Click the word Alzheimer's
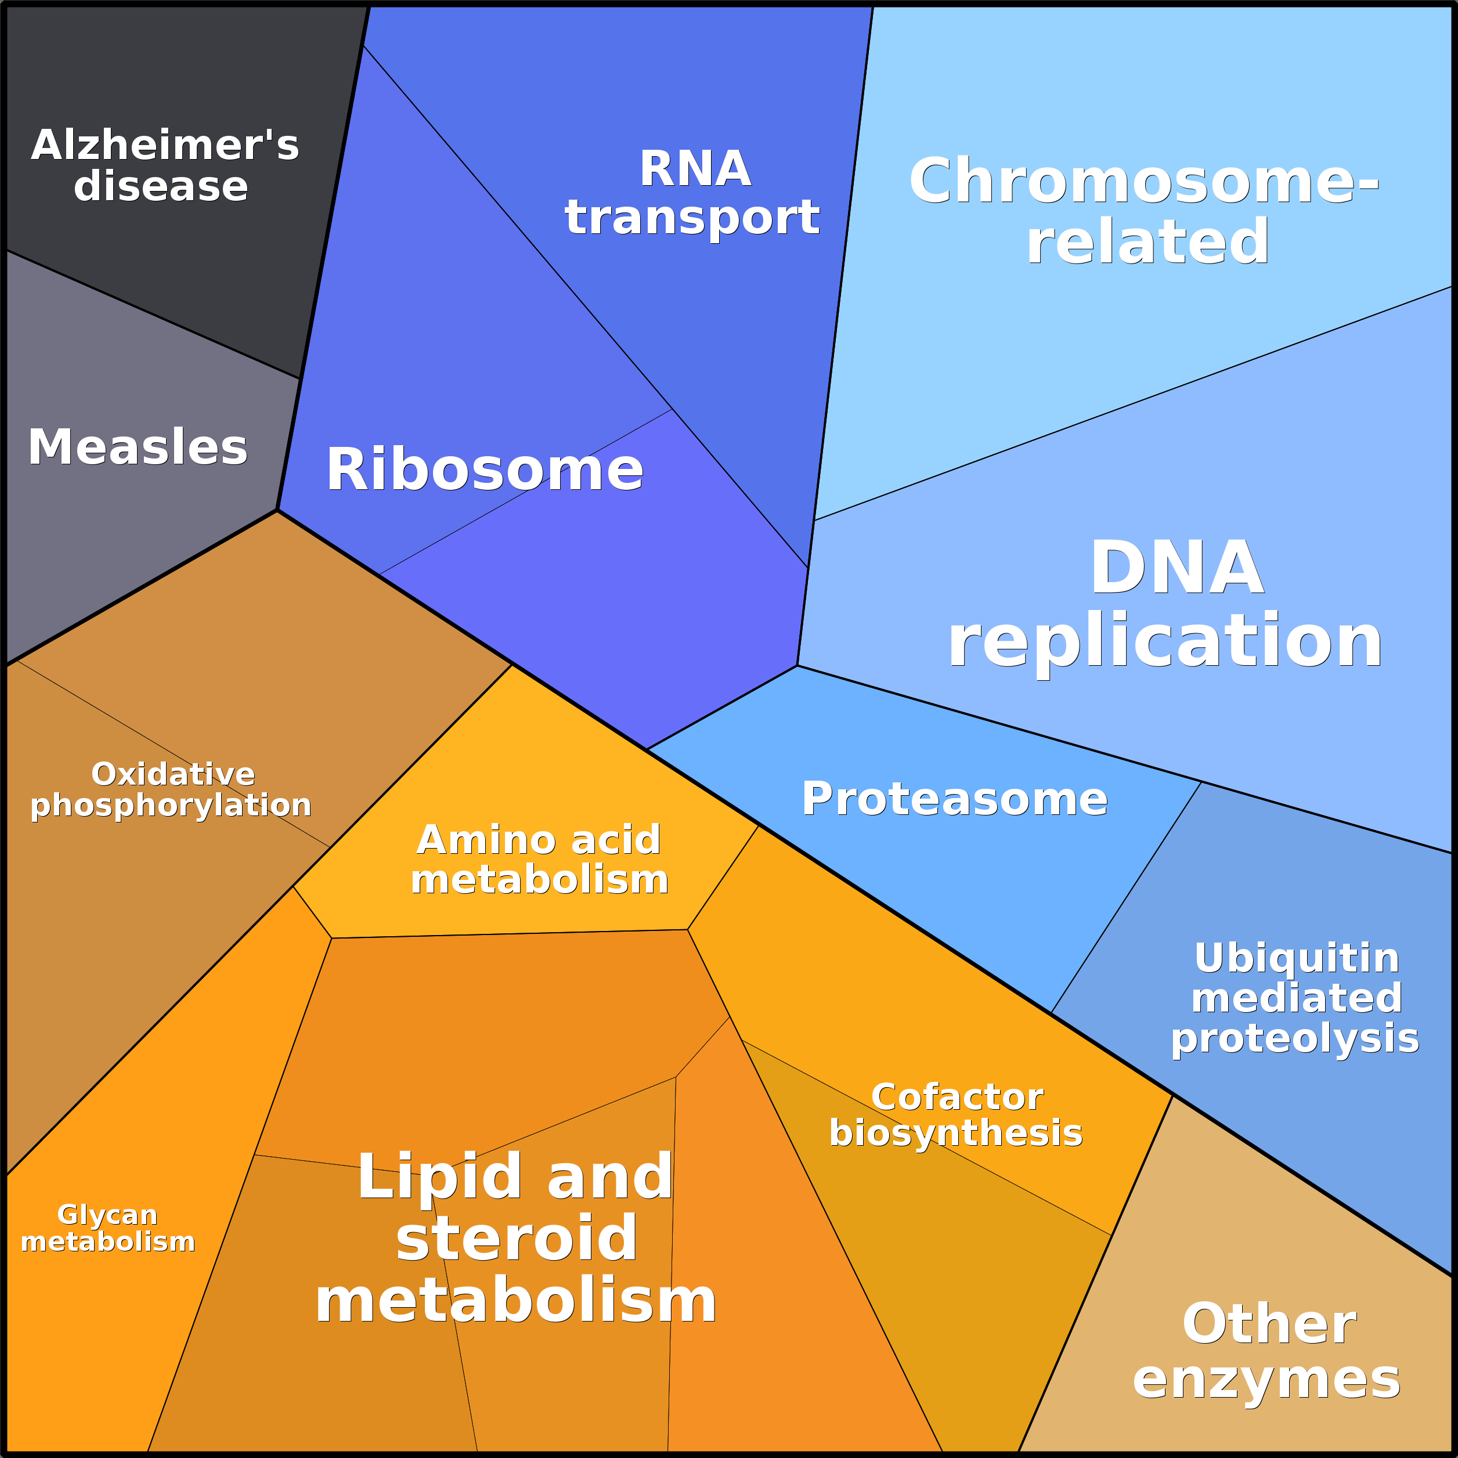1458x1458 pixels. click(164, 145)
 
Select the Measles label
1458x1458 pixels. click(138, 447)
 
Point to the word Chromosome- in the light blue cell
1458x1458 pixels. click(1143, 181)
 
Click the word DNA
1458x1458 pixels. click(1176, 568)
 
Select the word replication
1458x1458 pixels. click(1164, 641)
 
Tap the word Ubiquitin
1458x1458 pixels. click(1297, 958)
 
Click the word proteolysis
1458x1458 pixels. click(1295, 1038)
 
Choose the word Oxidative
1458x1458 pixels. click(173, 774)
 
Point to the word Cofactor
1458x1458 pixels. click(957, 1098)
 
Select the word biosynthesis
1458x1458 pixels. click(955, 1134)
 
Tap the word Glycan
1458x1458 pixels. click(107, 1215)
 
